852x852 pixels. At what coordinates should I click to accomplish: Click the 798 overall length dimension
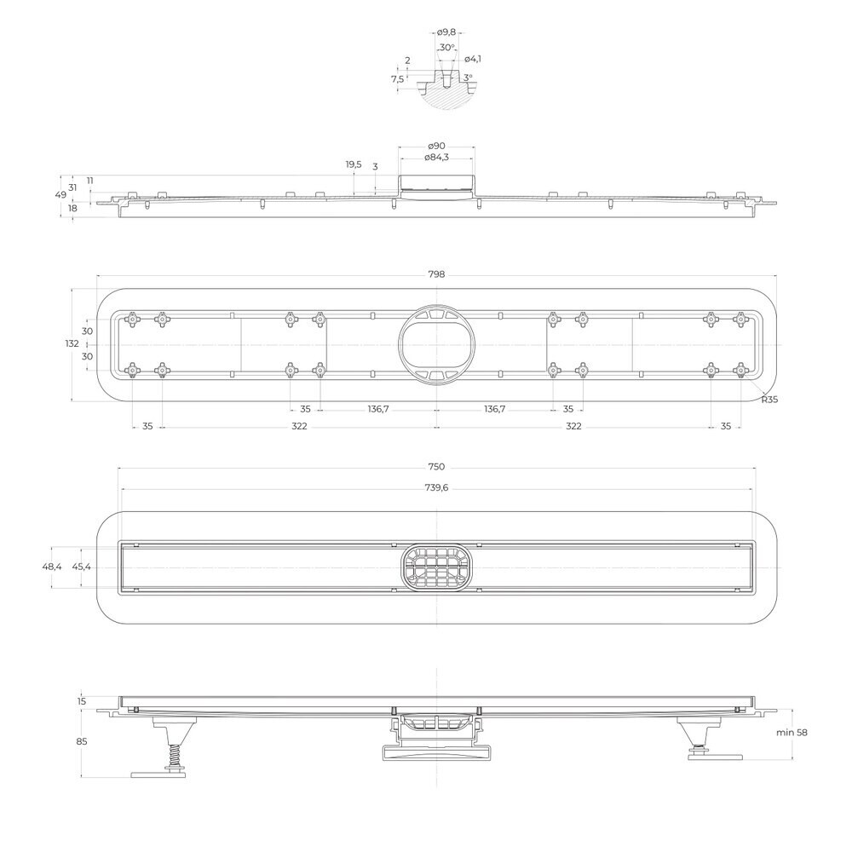[x=435, y=274]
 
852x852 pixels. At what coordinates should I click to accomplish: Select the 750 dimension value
[x=435, y=467]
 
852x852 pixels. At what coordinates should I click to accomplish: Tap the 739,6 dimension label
[x=436, y=488]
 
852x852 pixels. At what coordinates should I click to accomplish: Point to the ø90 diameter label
[x=436, y=146]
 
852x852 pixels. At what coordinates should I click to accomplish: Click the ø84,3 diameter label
[x=436, y=158]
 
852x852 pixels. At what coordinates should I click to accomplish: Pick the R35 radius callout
[x=769, y=400]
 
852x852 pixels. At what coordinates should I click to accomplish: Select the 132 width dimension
[x=72, y=343]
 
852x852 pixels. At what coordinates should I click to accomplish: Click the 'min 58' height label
[x=792, y=733]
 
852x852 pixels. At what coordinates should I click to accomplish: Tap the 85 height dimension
[x=82, y=741]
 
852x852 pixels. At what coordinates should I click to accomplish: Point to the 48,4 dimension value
[x=52, y=567]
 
